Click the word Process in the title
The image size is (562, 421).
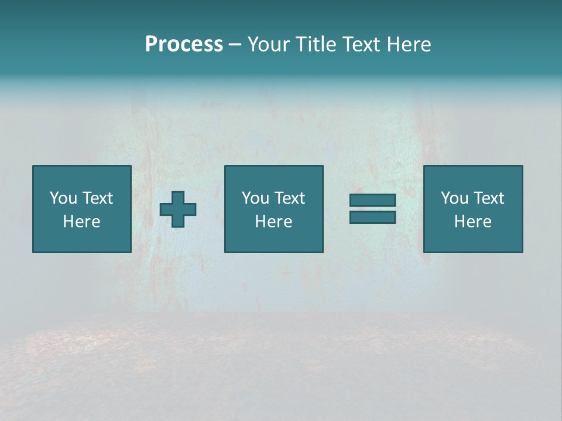[184, 44]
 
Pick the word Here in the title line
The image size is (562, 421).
[410, 44]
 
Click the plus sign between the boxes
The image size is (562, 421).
[178, 209]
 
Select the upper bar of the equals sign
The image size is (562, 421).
[372, 201]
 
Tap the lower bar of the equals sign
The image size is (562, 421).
[372, 218]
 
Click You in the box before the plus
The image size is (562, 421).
[63, 198]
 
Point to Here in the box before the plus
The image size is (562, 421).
[81, 222]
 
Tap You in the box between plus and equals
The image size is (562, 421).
[255, 198]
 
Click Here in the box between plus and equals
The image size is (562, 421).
[273, 222]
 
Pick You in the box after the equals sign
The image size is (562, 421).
[454, 198]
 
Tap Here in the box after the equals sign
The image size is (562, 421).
[472, 222]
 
